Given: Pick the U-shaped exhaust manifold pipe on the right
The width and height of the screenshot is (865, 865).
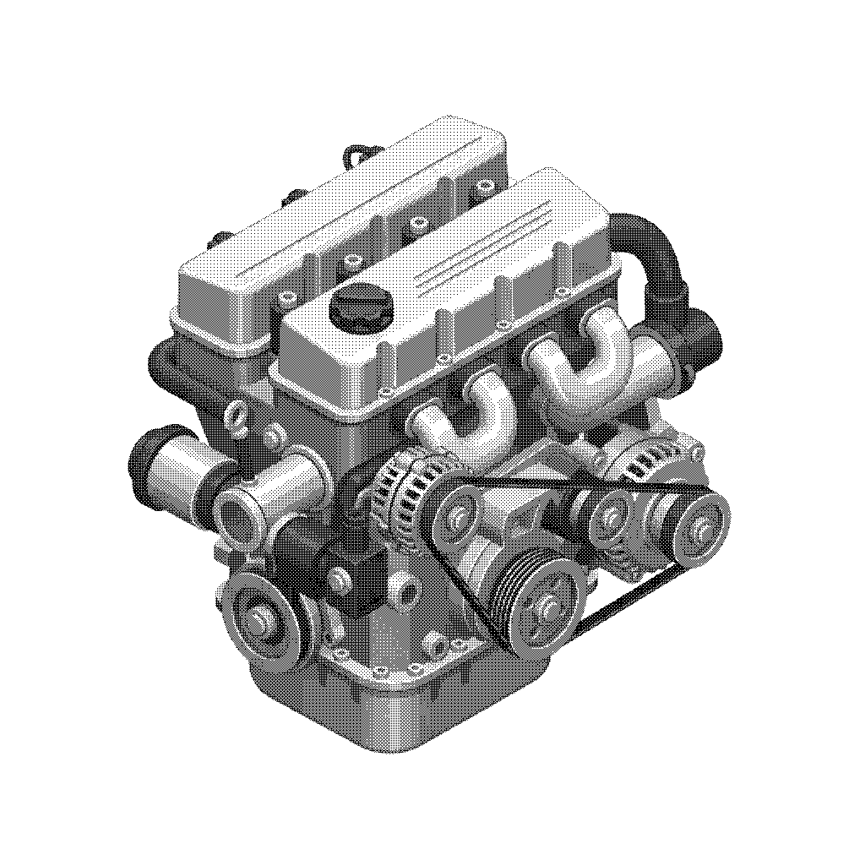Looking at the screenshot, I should point(604,346).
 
